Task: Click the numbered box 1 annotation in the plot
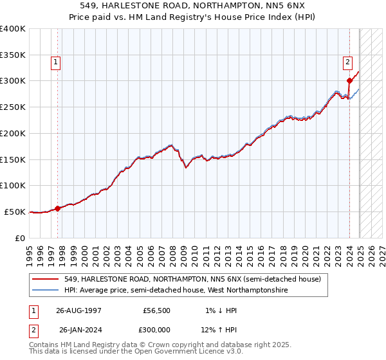point(56,62)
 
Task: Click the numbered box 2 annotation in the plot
point(347,62)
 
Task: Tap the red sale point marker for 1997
point(58,208)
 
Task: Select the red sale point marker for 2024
point(349,80)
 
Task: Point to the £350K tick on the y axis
point(14,55)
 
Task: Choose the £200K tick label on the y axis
point(14,133)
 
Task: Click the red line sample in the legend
point(46,279)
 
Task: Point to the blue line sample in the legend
point(46,291)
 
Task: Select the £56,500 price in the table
point(156,310)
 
